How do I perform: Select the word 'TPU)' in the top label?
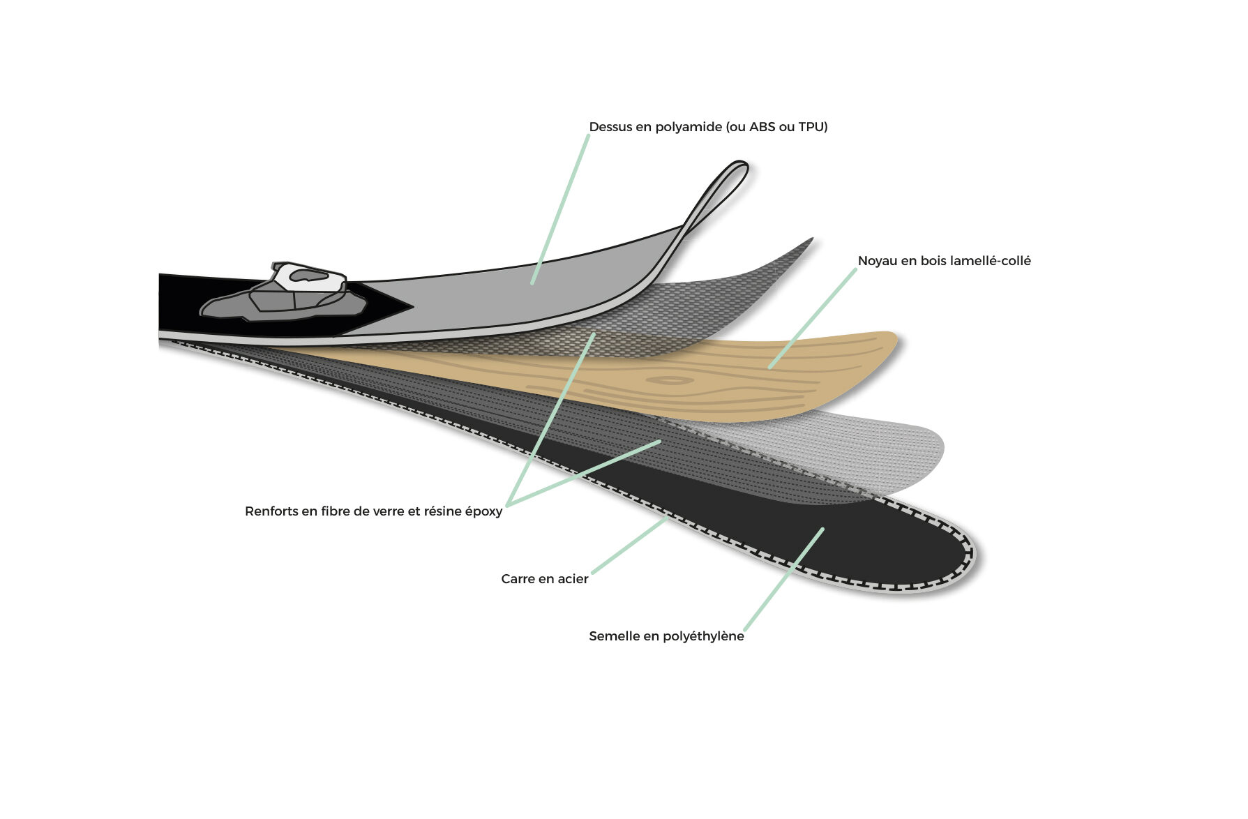[x=813, y=127]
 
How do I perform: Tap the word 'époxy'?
[x=483, y=512]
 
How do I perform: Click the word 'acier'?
[x=573, y=579]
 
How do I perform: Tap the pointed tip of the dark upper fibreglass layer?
[x=811, y=239]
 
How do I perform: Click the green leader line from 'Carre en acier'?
[x=630, y=546]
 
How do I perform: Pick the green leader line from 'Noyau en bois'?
[x=813, y=318]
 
